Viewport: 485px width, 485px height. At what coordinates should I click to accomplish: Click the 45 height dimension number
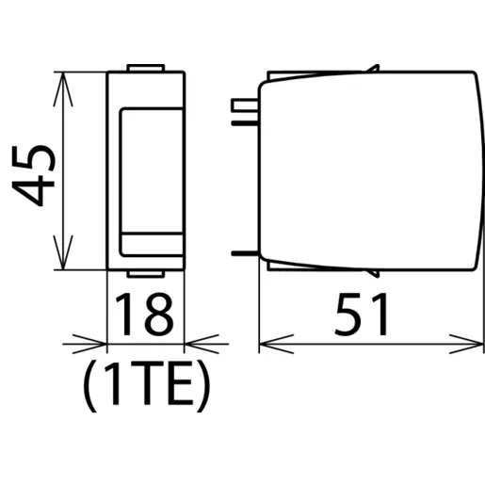click(33, 175)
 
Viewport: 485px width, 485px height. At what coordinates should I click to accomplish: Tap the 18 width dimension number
click(144, 315)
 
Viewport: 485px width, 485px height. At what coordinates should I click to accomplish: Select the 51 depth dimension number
click(362, 315)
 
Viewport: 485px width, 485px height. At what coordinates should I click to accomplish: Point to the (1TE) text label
click(146, 386)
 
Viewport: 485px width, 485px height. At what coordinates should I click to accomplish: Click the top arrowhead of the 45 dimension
click(63, 89)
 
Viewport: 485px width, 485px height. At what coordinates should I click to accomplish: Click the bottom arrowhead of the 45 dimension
click(63, 252)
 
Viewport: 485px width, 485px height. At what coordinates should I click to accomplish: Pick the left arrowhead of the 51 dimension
click(277, 344)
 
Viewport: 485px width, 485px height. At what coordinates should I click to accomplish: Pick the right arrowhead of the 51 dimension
click(466, 344)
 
